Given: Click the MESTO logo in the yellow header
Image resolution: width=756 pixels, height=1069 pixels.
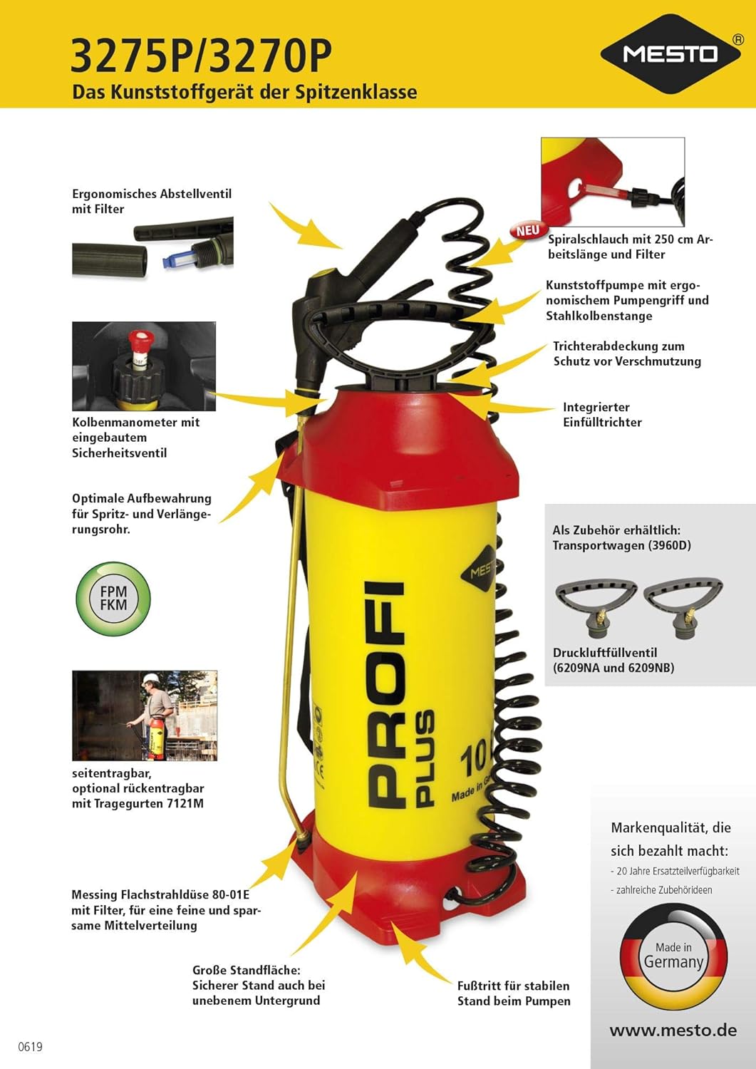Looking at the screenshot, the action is (x=671, y=53).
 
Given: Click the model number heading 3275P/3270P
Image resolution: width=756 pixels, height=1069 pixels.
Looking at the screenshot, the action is (x=201, y=57).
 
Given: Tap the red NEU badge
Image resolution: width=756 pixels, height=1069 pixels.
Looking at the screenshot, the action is (x=527, y=230).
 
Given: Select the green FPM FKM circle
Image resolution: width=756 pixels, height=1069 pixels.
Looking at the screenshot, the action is (x=113, y=599).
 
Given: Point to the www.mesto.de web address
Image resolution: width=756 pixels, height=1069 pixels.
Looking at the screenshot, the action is (x=673, y=1031).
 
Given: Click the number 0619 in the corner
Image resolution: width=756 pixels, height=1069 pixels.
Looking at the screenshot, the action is (x=30, y=1047).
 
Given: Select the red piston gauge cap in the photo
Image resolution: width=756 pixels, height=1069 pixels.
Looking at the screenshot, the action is (x=139, y=340).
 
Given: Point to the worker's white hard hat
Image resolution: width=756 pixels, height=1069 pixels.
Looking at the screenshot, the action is (x=151, y=678).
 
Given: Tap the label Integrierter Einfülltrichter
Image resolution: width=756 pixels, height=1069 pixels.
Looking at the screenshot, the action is (x=603, y=414).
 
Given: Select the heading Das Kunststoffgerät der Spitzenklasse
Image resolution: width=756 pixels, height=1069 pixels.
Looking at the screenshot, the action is (x=244, y=92).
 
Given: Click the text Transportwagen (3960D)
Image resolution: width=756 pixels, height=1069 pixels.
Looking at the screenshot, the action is (x=622, y=545).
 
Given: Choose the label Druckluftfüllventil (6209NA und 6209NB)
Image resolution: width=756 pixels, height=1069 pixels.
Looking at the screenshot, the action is (x=613, y=660).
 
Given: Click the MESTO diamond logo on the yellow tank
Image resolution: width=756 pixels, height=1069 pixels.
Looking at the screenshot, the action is (x=480, y=569).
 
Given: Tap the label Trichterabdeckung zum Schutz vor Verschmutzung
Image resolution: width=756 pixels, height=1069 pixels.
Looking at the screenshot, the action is (x=626, y=353).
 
